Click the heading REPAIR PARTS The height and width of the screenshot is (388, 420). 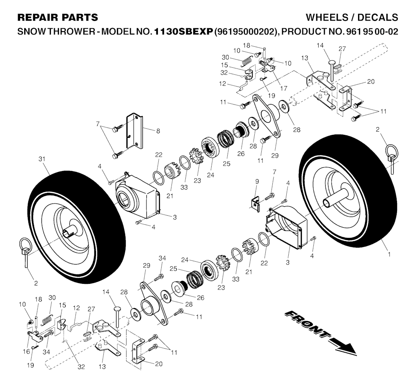coord(58,17)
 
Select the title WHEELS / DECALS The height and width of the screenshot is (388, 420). coord(352,17)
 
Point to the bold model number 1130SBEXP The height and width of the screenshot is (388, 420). coord(183,32)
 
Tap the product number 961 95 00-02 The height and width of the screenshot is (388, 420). coord(367,32)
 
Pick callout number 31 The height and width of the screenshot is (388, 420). coord(41,159)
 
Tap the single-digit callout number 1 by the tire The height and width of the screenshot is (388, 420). coord(389,254)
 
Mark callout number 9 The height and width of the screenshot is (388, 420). coord(257,181)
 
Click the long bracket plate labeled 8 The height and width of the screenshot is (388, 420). coord(135,130)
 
